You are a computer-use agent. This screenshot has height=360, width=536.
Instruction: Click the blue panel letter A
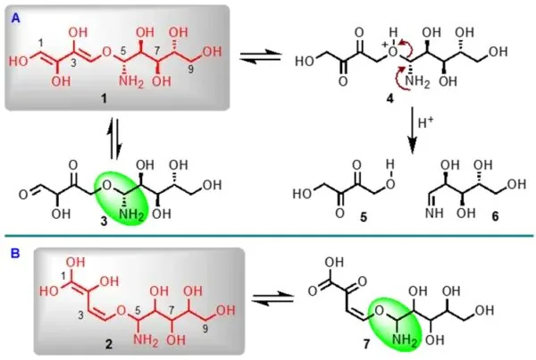[16, 18]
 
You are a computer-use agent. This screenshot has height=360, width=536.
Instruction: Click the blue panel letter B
[15, 254]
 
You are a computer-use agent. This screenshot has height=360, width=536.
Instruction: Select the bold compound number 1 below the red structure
[104, 98]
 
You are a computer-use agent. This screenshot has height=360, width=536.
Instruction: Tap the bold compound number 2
[108, 344]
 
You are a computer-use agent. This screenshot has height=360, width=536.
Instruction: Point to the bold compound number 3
[104, 222]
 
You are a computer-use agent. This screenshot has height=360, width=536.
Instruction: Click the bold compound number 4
[389, 98]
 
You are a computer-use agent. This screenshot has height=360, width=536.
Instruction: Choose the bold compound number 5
[364, 217]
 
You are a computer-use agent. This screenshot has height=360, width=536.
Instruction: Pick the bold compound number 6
[495, 217]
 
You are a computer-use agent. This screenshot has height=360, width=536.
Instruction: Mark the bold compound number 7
[366, 344]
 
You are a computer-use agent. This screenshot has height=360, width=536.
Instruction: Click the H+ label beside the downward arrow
[425, 122]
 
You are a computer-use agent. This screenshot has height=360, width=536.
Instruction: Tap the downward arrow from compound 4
[413, 130]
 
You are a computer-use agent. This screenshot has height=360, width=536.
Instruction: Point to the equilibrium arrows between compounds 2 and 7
[272, 297]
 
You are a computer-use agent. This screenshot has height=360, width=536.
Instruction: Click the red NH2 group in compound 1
[131, 82]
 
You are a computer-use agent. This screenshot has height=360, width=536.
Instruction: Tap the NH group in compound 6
[434, 213]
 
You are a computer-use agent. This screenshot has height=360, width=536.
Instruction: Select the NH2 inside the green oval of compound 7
[405, 340]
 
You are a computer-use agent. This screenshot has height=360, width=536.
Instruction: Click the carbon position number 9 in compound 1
[191, 70]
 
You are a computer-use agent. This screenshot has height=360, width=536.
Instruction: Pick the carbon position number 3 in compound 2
[81, 315]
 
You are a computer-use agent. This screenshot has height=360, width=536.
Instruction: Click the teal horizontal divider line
[269, 235]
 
